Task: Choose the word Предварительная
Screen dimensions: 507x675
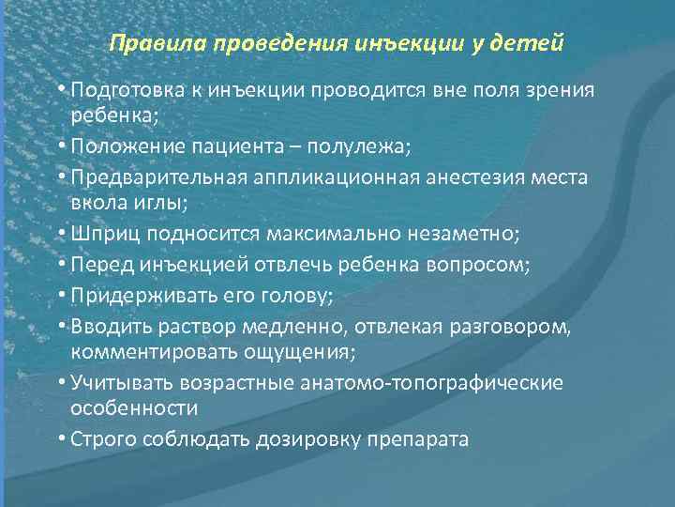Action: tap(161, 177)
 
